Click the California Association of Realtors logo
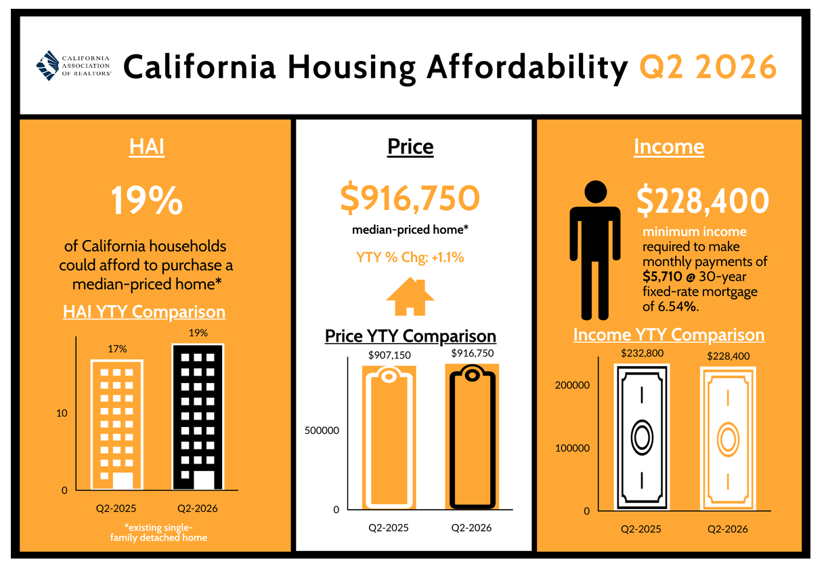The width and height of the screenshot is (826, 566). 74,66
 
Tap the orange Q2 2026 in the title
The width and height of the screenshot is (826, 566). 708,67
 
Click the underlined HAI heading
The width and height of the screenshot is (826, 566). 146,146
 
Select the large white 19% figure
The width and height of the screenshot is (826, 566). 147,200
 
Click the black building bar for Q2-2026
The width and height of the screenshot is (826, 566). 198,417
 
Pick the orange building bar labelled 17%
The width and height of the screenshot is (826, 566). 117,424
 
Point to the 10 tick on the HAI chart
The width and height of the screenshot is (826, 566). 62,413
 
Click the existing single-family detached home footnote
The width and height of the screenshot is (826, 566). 158,532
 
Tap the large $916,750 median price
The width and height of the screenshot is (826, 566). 410,198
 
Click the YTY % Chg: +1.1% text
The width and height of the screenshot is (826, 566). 410,258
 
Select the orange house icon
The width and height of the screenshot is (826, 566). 410,296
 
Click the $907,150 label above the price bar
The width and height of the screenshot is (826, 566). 389,355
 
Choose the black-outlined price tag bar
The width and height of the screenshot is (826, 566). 473,437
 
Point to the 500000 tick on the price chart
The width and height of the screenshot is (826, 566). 322,430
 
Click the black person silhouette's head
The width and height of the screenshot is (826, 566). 596,192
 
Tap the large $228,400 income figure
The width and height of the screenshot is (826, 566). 703,201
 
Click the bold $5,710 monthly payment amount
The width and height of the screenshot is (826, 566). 662,277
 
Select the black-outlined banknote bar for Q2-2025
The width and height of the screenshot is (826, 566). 642,437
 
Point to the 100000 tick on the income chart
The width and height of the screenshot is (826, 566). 572,448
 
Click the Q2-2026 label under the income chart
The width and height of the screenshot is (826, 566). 728,529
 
